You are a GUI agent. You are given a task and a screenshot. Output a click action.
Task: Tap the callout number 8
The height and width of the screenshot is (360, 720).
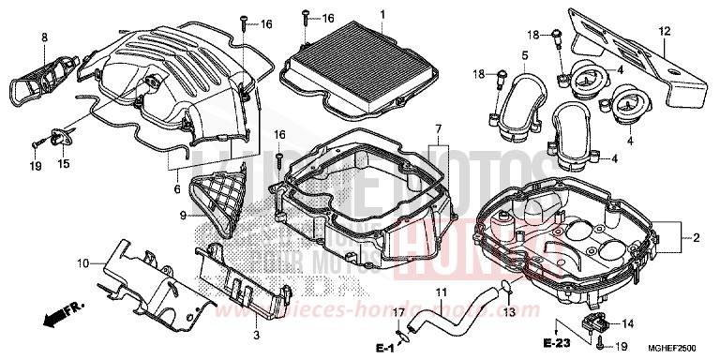click(x=43, y=37)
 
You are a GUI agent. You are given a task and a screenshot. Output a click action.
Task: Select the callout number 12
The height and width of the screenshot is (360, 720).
click(x=664, y=32)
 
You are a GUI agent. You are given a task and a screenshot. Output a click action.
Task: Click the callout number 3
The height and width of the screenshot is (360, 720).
click(x=257, y=333)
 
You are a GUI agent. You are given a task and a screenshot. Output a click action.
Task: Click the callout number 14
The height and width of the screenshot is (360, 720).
click(x=626, y=323)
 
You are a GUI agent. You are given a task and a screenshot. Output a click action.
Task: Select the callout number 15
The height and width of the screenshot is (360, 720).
click(x=65, y=164)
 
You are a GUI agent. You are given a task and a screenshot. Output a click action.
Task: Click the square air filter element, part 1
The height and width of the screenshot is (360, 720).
click(x=357, y=56)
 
